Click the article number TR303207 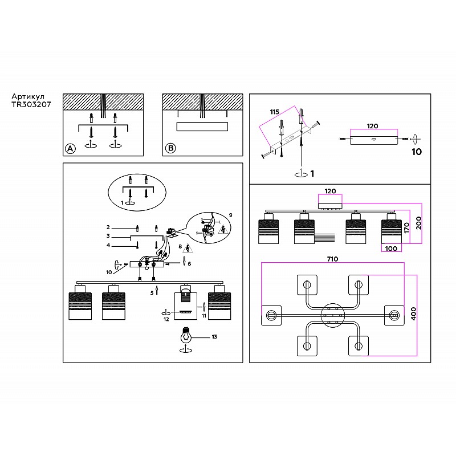(x=31, y=104)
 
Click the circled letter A (x=70, y=149)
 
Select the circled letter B (x=170, y=148)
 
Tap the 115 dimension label (x=274, y=112)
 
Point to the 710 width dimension (x=332, y=259)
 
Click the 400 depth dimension (x=413, y=313)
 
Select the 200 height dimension (x=418, y=223)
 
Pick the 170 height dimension (x=406, y=227)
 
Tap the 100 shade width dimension (x=391, y=249)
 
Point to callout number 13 (x=214, y=337)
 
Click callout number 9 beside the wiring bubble (x=231, y=215)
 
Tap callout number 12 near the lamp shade (x=166, y=319)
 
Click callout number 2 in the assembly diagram (x=108, y=227)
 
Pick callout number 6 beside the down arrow (x=189, y=264)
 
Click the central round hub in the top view (x=332, y=315)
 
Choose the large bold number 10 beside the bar (x=417, y=152)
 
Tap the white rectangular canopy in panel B (x=202, y=127)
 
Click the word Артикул (x=28, y=97)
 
